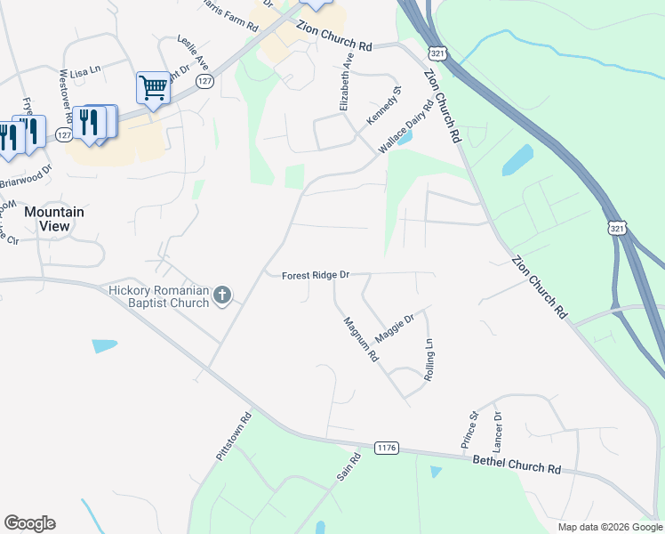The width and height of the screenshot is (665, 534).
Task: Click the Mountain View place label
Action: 54,219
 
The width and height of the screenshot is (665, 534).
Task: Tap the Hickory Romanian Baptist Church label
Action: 157,295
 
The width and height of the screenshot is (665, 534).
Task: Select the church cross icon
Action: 221,295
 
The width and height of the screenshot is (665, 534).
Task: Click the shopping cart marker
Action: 153,88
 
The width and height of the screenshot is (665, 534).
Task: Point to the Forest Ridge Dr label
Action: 316,276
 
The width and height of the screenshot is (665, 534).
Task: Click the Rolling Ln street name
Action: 429,360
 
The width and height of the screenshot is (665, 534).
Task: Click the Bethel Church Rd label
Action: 517,465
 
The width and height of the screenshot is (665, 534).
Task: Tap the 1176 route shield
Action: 385,447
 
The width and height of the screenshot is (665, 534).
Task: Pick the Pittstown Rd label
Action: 235,435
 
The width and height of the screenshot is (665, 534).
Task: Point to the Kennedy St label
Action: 385,105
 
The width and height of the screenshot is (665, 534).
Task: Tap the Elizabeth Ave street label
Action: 346,81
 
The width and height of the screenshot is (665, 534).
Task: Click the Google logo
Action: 29,523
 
